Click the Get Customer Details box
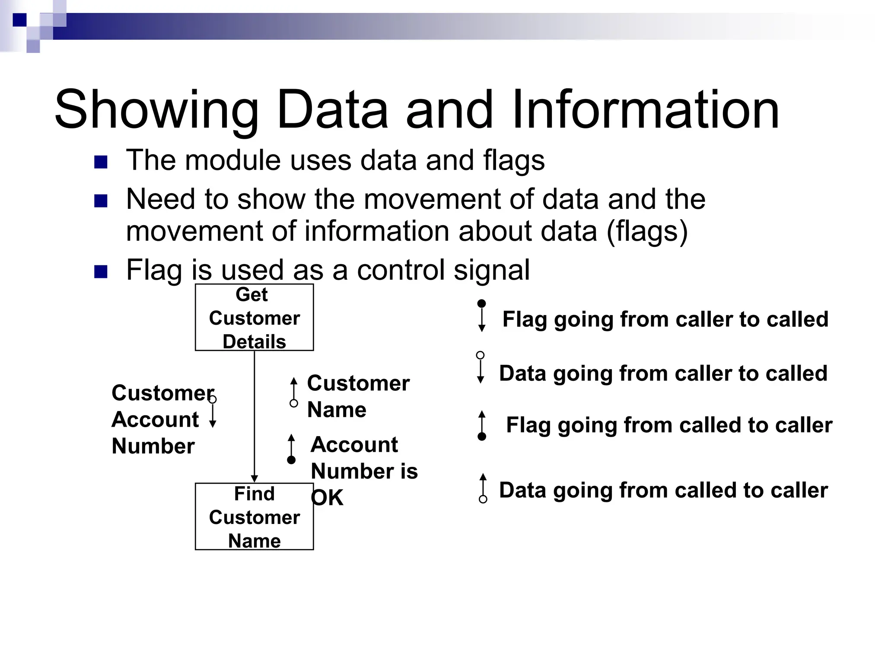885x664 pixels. click(254, 317)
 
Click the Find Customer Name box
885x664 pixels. click(254, 517)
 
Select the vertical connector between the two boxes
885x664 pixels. click(255, 415)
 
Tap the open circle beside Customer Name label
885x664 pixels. click(294, 403)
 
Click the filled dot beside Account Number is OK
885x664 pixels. click(291, 460)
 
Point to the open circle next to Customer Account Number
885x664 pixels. click(213, 399)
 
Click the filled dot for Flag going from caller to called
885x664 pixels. click(482, 304)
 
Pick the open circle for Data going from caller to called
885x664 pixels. click(480, 355)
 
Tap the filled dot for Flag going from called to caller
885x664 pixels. click(482, 437)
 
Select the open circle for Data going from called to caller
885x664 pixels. click(483, 499)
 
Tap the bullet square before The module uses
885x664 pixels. click(101, 162)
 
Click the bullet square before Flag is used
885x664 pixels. click(101, 272)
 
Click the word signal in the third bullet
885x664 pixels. click(491, 270)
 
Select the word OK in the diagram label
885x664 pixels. click(327, 498)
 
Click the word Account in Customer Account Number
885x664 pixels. click(155, 419)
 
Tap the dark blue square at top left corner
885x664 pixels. click(19, 20)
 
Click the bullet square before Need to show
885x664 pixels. click(101, 201)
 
